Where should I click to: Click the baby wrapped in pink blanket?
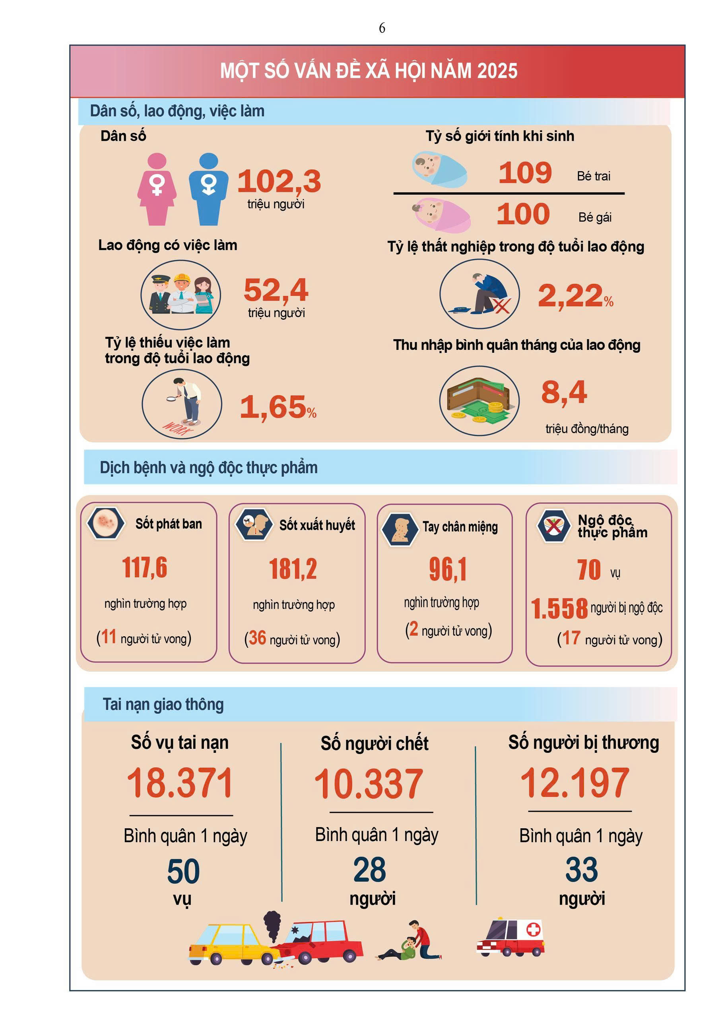click(x=441, y=215)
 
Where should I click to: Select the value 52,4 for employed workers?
click(x=276, y=290)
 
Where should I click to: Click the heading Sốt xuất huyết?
click(x=317, y=525)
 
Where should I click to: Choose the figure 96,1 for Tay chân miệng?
click(x=448, y=569)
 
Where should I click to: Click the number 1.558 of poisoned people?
click(x=559, y=608)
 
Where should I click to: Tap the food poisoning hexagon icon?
click(x=553, y=526)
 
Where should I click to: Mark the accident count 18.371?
click(x=180, y=783)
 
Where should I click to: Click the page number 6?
click(x=382, y=28)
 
